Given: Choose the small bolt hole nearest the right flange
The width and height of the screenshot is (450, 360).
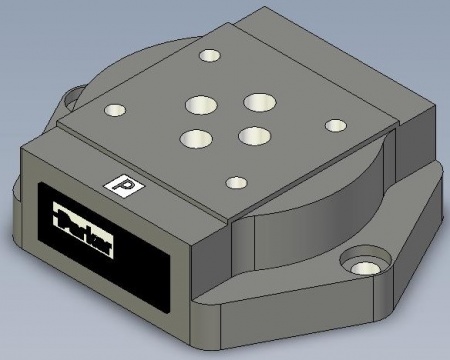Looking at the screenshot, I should click(334, 126).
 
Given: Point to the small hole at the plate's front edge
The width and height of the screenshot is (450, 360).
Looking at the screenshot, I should click(236, 183).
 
